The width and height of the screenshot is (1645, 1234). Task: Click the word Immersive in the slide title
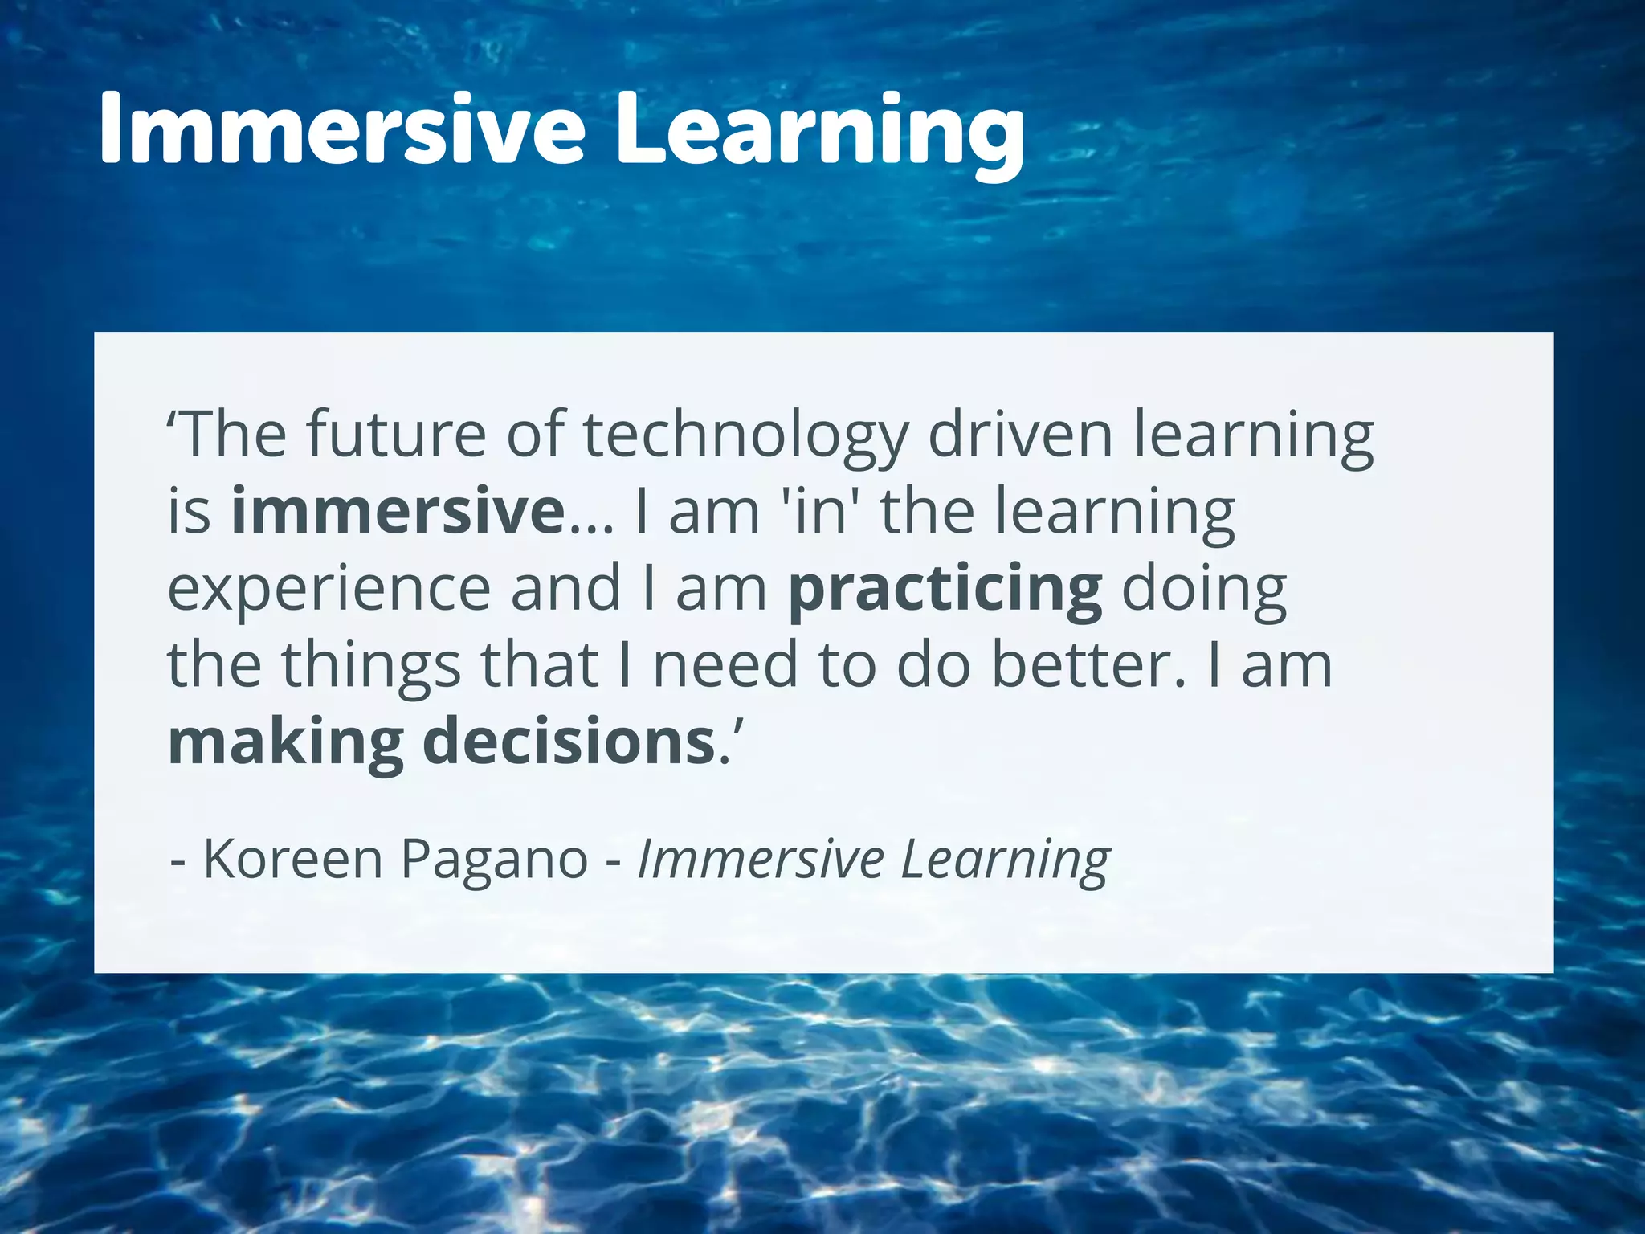[x=342, y=129]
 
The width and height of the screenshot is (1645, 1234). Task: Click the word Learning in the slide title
[x=819, y=133]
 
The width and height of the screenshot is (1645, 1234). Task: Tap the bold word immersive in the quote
[x=398, y=512]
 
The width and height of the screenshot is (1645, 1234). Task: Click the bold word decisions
[x=569, y=741]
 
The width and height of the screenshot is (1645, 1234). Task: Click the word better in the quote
[x=1088, y=665]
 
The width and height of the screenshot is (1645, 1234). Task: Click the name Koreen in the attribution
[x=292, y=859]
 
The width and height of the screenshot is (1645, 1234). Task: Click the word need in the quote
[x=725, y=665]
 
